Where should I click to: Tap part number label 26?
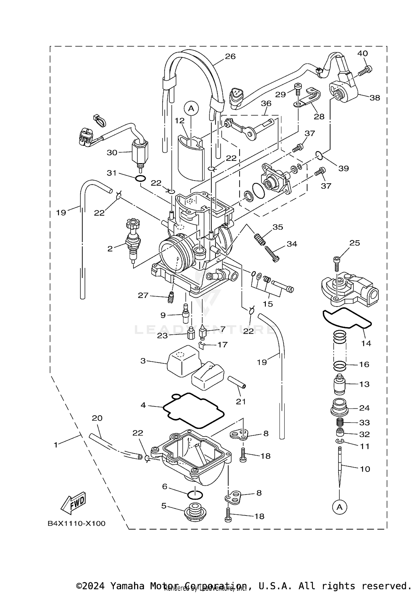tap(230, 56)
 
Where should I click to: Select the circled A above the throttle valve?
tap(191, 108)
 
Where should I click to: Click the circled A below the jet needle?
tap(339, 507)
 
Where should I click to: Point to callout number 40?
tap(362, 53)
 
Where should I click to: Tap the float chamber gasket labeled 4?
tap(193, 411)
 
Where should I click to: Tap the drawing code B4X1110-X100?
tap(76, 524)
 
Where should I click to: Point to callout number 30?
tap(112, 153)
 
